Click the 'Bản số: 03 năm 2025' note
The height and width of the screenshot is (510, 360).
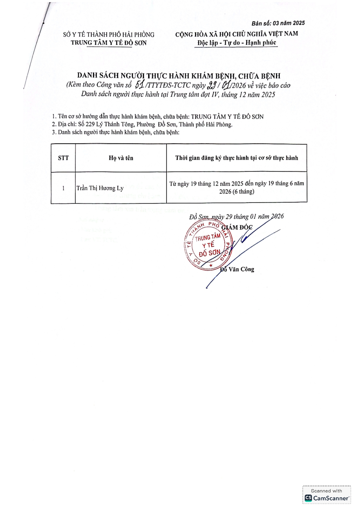coord(278,23)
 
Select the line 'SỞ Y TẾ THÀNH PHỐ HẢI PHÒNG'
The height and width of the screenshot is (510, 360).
coord(109,35)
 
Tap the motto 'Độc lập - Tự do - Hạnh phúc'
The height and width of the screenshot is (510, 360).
coord(237,43)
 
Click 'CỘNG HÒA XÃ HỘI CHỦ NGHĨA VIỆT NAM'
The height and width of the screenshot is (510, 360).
coord(237,34)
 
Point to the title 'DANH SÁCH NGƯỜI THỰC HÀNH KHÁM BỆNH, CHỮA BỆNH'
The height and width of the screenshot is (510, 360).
coord(179,76)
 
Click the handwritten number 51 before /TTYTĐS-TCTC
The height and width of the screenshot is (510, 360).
coord(140,85)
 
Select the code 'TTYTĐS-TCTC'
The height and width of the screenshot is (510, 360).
coord(169,85)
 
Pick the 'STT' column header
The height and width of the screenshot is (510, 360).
coord(63,158)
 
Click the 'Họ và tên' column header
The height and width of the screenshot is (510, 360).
coord(121,158)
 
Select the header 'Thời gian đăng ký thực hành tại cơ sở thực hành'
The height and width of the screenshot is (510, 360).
coord(237,158)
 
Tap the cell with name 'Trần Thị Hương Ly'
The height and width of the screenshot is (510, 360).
coord(100,188)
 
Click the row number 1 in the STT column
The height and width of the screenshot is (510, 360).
coord(63,188)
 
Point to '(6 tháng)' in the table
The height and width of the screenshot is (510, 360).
coord(245,192)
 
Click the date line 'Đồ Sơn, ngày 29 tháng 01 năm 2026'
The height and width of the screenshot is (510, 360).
coord(236,217)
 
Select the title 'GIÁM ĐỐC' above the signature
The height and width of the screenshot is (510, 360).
coord(237,228)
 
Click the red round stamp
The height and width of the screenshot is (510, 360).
coord(207,246)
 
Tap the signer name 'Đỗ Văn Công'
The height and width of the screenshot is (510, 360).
coord(237,270)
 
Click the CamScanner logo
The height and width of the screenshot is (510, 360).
coord(327,498)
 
